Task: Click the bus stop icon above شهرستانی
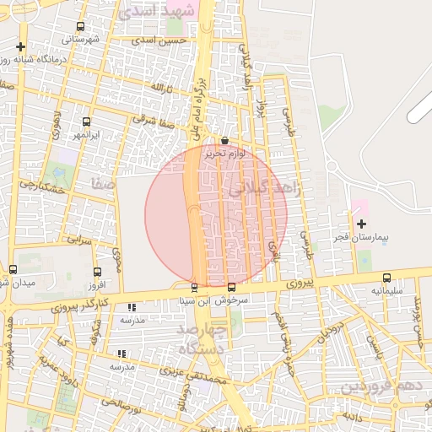pyautogui.click(x=80, y=26)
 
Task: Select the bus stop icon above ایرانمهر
pyautogui.click(x=86, y=122)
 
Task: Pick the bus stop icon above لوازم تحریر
pyautogui.click(x=224, y=141)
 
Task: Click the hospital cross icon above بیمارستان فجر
pyautogui.click(x=361, y=224)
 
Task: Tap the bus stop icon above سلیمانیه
pyautogui.click(x=386, y=278)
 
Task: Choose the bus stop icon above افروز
pyautogui.click(x=97, y=272)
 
